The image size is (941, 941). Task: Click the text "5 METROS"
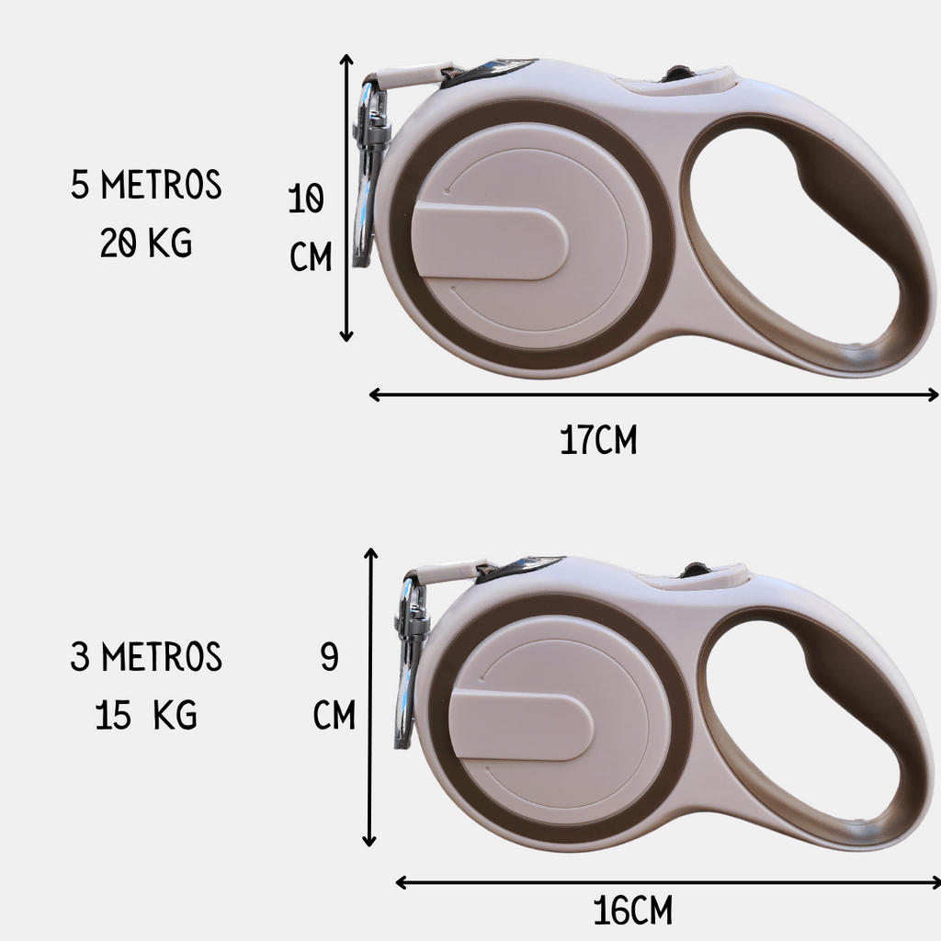(146, 184)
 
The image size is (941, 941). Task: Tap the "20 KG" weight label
(146, 243)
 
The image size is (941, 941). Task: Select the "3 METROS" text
(146, 656)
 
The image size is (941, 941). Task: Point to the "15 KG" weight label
(146, 715)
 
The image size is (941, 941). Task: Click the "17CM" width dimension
(598, 440)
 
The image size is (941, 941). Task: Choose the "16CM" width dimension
(632, 911)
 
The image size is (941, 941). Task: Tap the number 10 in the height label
(306, 198)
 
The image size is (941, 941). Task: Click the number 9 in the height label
(330, 656)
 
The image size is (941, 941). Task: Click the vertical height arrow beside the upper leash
(346, 198)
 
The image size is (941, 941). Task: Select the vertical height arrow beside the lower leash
(370, 697)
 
